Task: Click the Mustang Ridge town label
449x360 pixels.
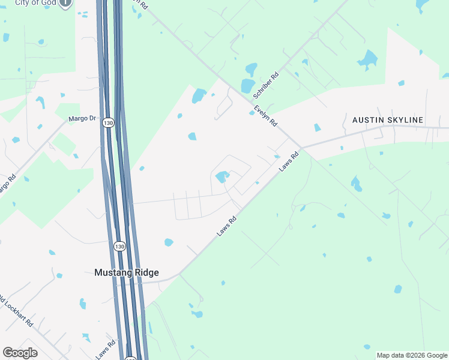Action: [127, 272]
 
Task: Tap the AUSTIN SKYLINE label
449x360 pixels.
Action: [387, 120]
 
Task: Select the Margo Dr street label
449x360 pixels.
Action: [82, 118]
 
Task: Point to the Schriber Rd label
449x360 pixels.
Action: [266, 86]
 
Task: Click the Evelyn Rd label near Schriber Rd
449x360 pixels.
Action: [265, 115]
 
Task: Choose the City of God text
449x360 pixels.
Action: [36, 3]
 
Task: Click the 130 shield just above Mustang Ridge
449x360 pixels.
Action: [120, 246]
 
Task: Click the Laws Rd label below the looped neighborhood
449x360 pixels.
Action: [227, 226]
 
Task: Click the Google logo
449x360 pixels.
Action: [20, 353]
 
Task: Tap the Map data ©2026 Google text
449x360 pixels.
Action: [412, 355]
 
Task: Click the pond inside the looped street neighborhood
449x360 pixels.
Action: [221, 176]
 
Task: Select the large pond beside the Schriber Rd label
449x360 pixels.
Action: [247, 86]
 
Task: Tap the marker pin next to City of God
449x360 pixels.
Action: [65, 3]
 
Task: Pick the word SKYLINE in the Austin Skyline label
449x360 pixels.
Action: [405, 120]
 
